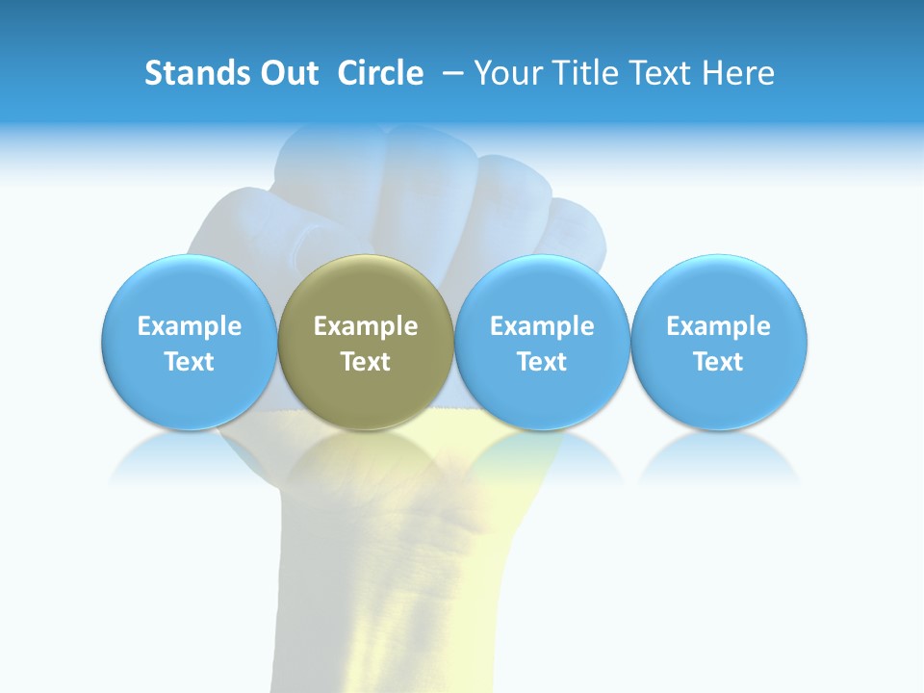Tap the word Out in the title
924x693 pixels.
click(287, 73)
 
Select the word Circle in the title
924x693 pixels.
click(380, 73)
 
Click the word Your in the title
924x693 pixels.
click(504, 73)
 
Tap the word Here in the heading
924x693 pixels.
click(737, 73)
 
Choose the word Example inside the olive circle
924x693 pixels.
click(366, 326)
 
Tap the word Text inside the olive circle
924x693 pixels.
click(366, 362)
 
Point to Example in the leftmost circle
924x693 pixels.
click(190, 326)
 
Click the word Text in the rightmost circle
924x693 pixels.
click(719, 362)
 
